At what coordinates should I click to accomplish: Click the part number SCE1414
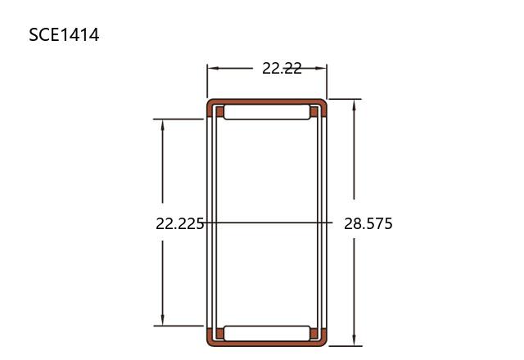tap(64, 34)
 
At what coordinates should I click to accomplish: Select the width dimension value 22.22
tap(282, 69)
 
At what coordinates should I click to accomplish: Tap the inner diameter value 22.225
tap(180, 223)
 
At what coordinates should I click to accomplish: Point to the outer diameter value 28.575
tap(368, 223)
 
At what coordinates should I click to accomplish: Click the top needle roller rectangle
tap(267, 112)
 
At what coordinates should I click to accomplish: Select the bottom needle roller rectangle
tap(267, 333)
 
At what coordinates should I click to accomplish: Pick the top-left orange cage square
tap(220, 112)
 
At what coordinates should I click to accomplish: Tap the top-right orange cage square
tap(314, 112)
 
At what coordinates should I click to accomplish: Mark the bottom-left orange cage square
tap(220, 333)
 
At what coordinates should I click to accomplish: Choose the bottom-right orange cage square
tap(314, 333)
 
